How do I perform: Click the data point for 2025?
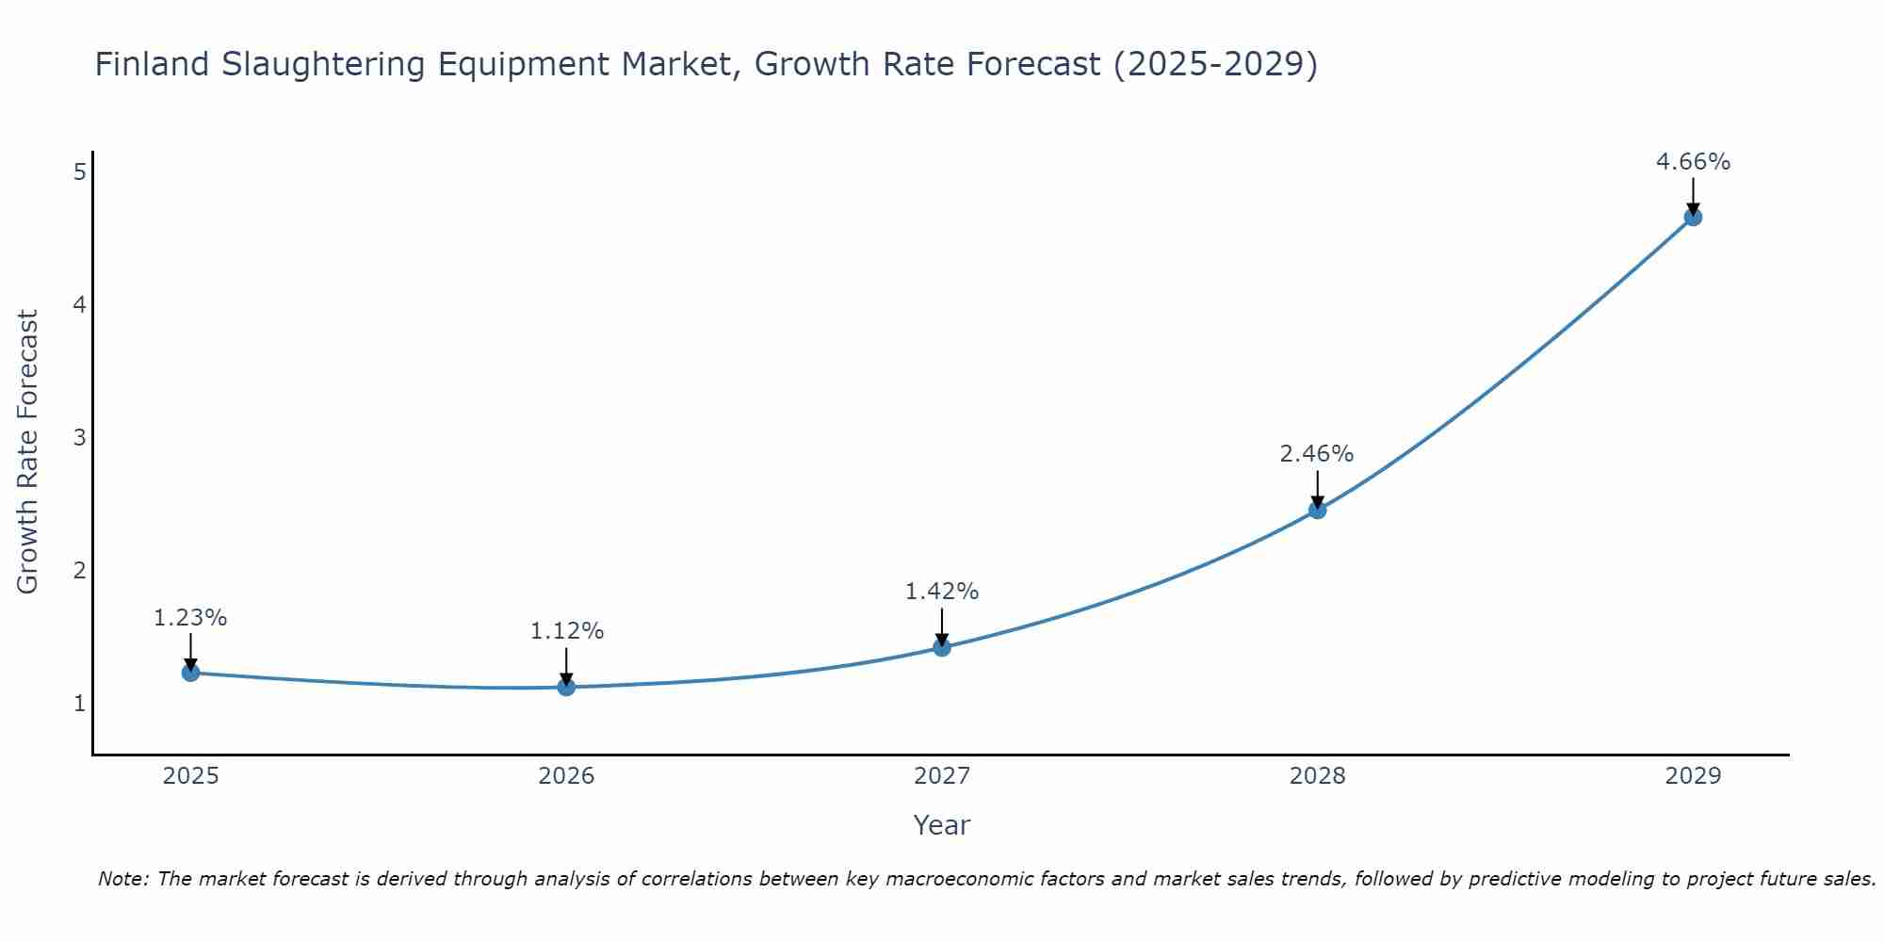pos(190,673)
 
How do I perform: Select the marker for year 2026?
pos(566,687)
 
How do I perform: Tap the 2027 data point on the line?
pos(942,647)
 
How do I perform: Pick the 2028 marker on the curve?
pos(1317,510)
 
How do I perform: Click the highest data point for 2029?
pos(1693,218)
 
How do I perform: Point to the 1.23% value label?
pos(190,618)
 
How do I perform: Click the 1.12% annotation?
pos(566,631)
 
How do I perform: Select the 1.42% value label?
pos(942,592)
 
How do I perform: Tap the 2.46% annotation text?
pos(1317,454)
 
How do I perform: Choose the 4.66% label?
pos(1693,162)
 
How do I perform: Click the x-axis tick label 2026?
pos(566,776)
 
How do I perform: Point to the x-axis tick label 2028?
pos(1317,776)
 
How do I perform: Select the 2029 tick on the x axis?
pos(1693,776)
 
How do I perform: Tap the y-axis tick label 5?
pos(80,171)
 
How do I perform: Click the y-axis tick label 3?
pos(80,437)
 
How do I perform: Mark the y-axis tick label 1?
pos(80,704)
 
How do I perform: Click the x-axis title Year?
pos(941,825)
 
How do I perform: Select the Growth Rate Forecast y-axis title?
pos(28,452)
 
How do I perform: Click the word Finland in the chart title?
pos(152,64)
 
